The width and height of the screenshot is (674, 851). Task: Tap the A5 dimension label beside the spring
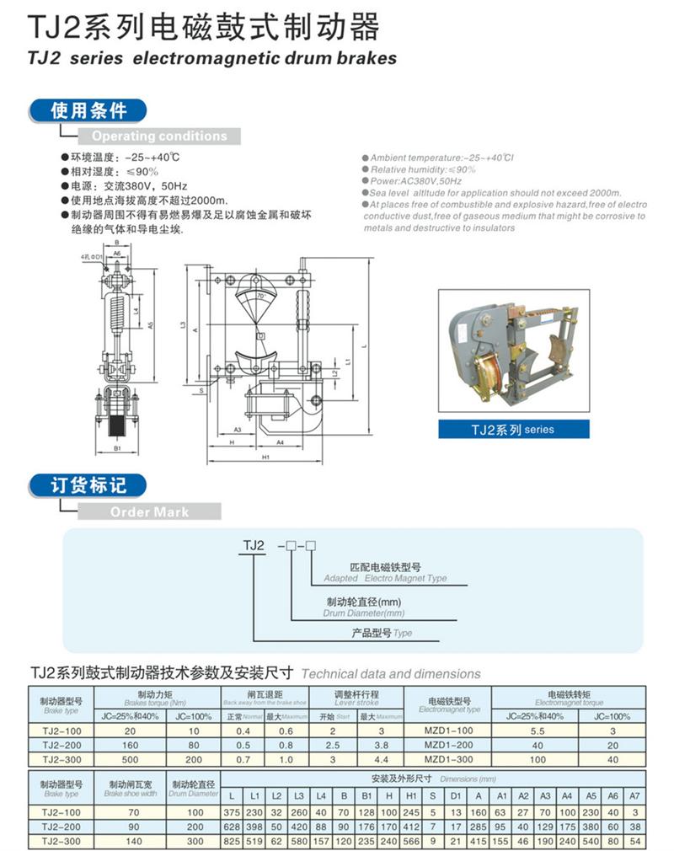click(149, 324)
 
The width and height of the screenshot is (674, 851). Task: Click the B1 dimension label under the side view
click(118, 438)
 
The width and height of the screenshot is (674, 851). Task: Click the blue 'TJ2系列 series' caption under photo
click(513, 430)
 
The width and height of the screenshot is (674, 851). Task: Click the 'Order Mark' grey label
click(149, 511)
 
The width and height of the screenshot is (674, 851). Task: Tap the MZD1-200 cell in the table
click(448, 746)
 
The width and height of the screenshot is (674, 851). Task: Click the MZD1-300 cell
click(448, 760)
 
